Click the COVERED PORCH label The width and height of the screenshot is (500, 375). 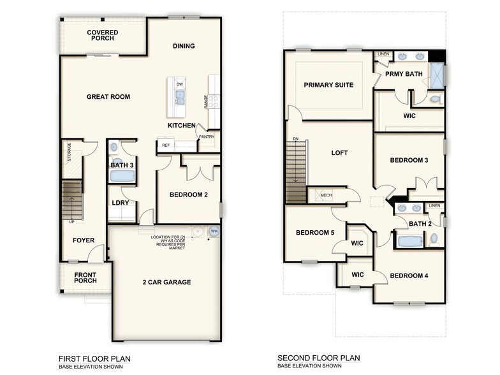point(101,35)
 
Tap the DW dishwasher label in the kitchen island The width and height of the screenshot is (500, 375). point(180,84)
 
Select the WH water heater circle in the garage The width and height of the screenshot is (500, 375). point(214,231)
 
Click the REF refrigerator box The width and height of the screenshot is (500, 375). point(166,145)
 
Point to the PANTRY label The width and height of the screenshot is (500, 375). point(207,136)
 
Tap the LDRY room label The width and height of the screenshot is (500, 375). point(120,203)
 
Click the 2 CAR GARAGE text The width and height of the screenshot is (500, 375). point(166,282)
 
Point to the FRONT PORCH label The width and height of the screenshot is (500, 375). point(85,279)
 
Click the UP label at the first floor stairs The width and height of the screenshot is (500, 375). point(73,221)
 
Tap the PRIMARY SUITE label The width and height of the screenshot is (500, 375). point(328,85)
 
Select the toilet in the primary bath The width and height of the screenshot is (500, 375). point(436,100)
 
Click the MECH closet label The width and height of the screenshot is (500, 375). point(326,195)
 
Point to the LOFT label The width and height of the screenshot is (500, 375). point(339,153)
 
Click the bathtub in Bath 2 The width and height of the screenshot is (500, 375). point(409,241)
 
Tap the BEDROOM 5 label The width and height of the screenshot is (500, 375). point(314,233)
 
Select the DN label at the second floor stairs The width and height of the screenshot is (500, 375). point(295,138)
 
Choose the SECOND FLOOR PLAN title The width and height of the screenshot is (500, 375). point(319,358)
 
